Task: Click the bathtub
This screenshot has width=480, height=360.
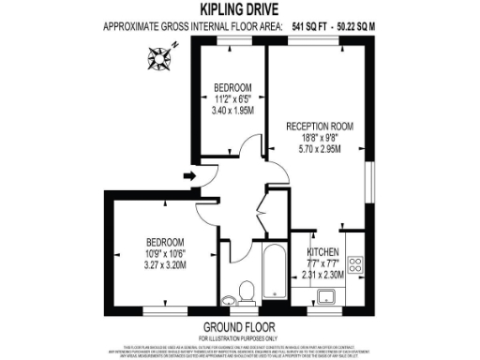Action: [275, 273]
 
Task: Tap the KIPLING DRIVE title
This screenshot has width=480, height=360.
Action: [239, 10]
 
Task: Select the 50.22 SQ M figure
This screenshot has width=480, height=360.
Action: [368, 27]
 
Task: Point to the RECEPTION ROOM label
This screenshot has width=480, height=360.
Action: [319, 123]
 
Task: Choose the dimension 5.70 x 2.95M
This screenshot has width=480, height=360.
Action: [319, 147]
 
